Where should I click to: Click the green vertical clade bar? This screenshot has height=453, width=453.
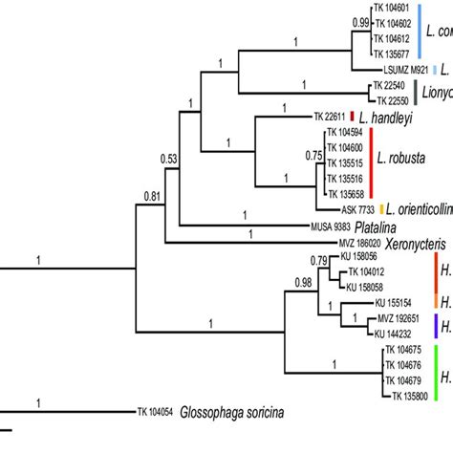(437, 373)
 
